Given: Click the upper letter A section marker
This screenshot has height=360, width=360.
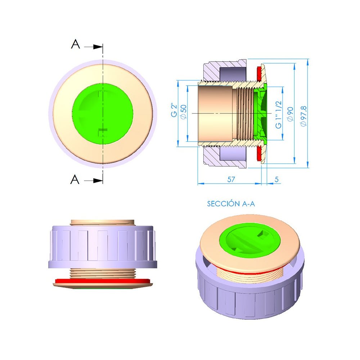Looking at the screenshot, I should pyautogui.click(x=75, y=45).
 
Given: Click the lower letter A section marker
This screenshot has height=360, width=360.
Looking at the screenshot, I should pyautogui.click(x=75, y=179).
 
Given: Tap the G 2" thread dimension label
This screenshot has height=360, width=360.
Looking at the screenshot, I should pyautogui.click(x=174, y=111).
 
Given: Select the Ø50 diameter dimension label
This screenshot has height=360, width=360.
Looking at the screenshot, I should pyautogui.click(x=183, y=112).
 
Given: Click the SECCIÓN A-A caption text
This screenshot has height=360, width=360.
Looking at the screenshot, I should pyautogui.click(x=231, y=204).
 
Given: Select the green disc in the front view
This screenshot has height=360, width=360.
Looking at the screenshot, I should pyautogui.click(x=103, y=113).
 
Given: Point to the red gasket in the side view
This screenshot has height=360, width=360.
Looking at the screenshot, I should pyautogui.click(x=102, y=280).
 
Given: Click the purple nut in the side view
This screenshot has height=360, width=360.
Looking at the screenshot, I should pyautogui.click(x=103, y=247).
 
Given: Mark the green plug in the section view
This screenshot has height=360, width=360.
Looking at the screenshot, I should pyautogui.click(x=260, y=113).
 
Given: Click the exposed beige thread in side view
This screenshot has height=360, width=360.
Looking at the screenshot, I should pyautogui.click(x=103, y=273).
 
